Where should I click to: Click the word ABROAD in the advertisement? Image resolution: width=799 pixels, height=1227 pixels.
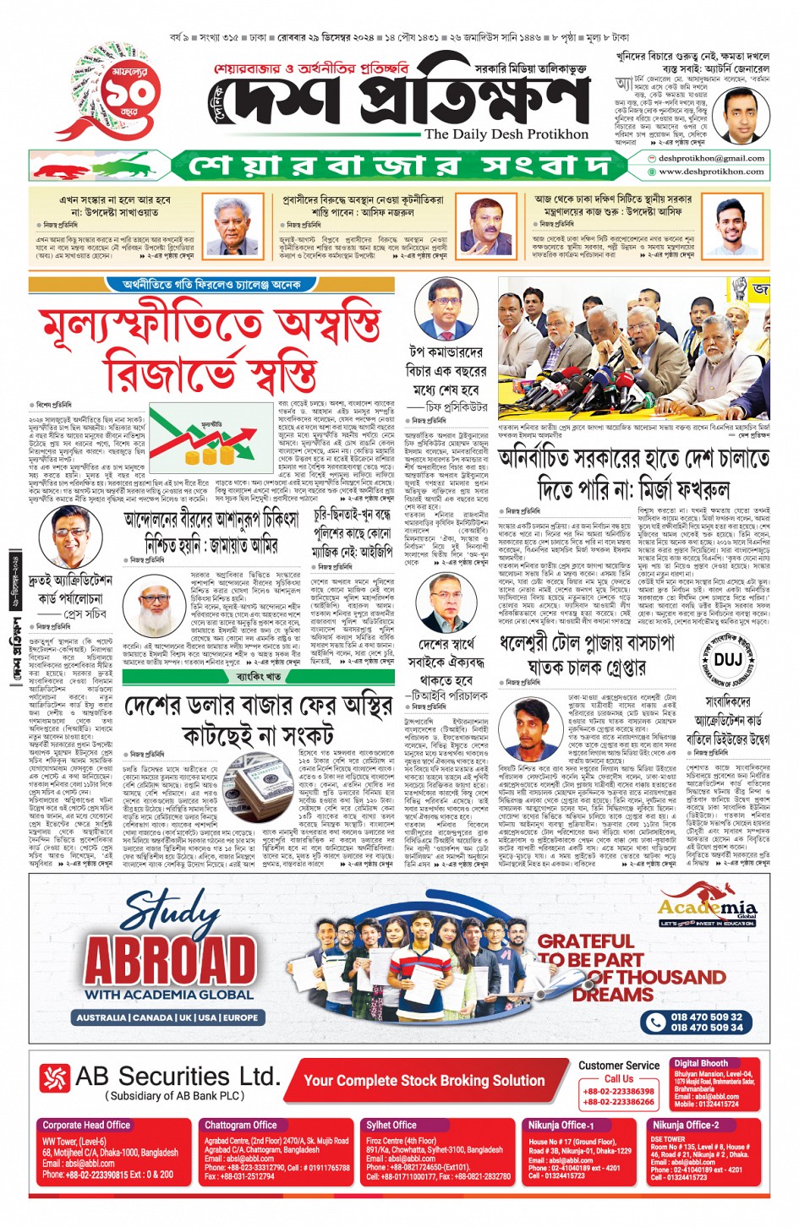pyautogui.click(x=170, y=961)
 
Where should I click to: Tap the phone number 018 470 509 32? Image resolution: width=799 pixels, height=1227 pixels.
pyautogui.click(x=706, y=1017)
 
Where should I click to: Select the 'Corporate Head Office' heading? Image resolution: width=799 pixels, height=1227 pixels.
pyautogui.click(x=86, y=1125)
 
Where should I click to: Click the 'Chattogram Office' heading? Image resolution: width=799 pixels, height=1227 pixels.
pyautogui.click(x=241, y=1125)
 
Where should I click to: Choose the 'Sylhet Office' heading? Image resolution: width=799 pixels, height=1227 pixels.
pyautogui.click(x=391, y=1125)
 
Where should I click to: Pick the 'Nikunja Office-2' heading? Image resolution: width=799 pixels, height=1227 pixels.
pyautogui.click(x=686, y=1125)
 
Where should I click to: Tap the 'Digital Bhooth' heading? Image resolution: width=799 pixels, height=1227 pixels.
pyautogui.click(x=701, y=1063)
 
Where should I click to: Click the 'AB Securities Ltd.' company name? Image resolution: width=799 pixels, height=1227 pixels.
pyautogui.click(x=177, y=1076)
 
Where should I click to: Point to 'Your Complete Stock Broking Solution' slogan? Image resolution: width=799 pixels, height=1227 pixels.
pyautogui.click(x=424, y=1080)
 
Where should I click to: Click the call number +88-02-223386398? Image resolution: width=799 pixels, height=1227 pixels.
pyautogui.click(x=618, y=1091)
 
